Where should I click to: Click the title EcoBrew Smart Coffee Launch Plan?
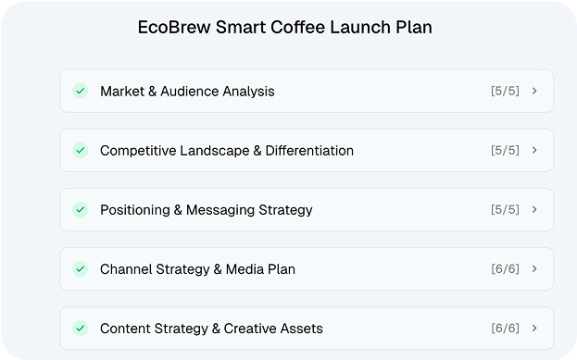click(x=284, y=28)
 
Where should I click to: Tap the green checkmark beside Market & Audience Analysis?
click(x=81, y=91)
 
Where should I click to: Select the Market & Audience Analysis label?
click(x=187, y=91)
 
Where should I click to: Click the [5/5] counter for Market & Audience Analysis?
click(x=505, y=91)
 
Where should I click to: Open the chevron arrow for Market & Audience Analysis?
click(x=535, y=91)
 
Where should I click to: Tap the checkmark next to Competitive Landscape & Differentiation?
click(x=81, y=150)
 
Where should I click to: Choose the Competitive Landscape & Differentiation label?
click(x=227, y=150)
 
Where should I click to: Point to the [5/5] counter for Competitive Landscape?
click(x=505, y=150)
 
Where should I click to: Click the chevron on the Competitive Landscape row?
click(x=535, y=150)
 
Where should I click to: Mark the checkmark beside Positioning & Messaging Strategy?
click(x=81, y=209)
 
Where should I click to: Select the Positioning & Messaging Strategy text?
click(x=207, y=209)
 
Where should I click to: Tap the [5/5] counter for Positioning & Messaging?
click(x=505, y=209)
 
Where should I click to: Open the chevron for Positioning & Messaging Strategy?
click(x=535, y=209)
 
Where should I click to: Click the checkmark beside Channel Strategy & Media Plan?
click(x=81, y=268)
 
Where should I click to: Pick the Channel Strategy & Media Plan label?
click(x=197, y=268)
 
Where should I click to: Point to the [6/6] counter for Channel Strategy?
click(x=505, y=268)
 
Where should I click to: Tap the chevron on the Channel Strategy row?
click(x=535, y=268)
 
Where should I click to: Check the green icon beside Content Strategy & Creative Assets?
click(x=81, y=328)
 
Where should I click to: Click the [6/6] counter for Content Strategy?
click(x=505, y=328)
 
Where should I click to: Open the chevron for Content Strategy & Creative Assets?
click(x=535, y=328)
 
